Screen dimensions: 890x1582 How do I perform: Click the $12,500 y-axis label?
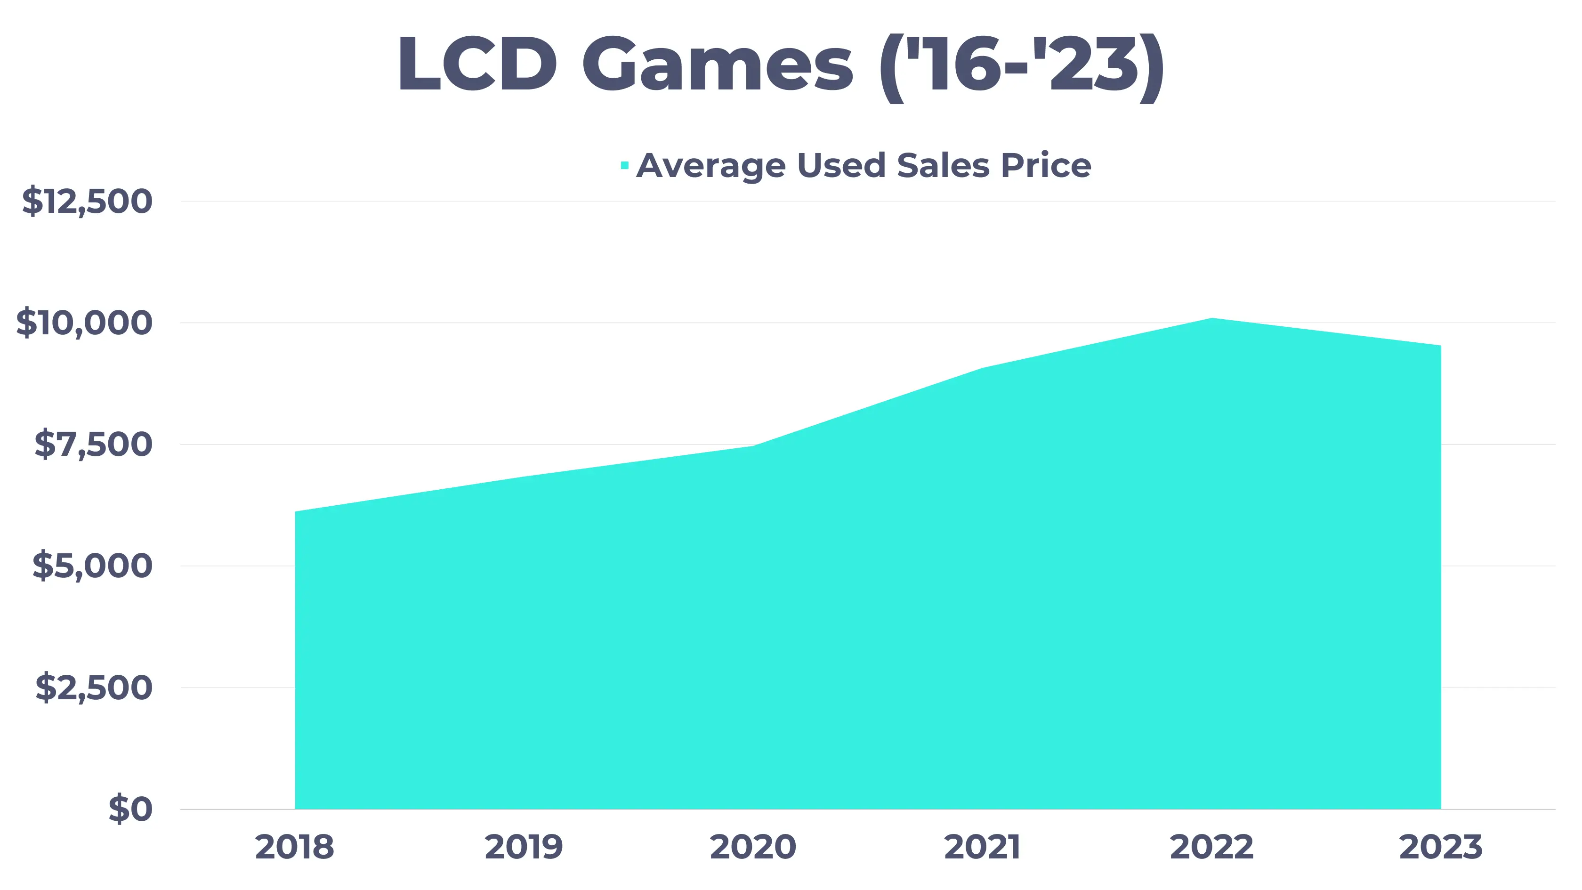(x=87, y=202)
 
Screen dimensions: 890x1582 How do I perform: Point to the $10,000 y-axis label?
(x=84, y=323)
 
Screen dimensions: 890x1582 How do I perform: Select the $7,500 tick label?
(x=93, y=445)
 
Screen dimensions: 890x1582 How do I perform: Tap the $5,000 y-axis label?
(x=92, y=566)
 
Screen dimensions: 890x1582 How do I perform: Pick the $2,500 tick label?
(x=93, y=688)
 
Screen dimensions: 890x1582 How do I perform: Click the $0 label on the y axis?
(x=130, y=809)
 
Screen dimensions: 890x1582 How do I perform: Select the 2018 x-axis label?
(x=295, y=848)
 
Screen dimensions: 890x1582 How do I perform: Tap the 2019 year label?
(x=524, y=848)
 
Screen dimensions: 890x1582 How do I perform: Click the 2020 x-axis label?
(x=753, y=848)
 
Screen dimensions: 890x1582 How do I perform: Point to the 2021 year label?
(x=982, y=848)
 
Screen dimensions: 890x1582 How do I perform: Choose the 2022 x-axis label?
(x=1211, y=848)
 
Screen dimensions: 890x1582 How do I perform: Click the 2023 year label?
(x=1441, y=848)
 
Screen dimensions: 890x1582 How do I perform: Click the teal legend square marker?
(x=625, y=165)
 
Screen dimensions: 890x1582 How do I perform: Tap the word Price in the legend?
(x=1046, y=165)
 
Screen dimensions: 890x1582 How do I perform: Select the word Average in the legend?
(x=711, y=166)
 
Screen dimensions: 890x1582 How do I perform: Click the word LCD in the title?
(x=478, y=65)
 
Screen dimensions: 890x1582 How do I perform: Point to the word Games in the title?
(x=717, y=65)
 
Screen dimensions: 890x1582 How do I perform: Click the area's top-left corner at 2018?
(x=296, y=512)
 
